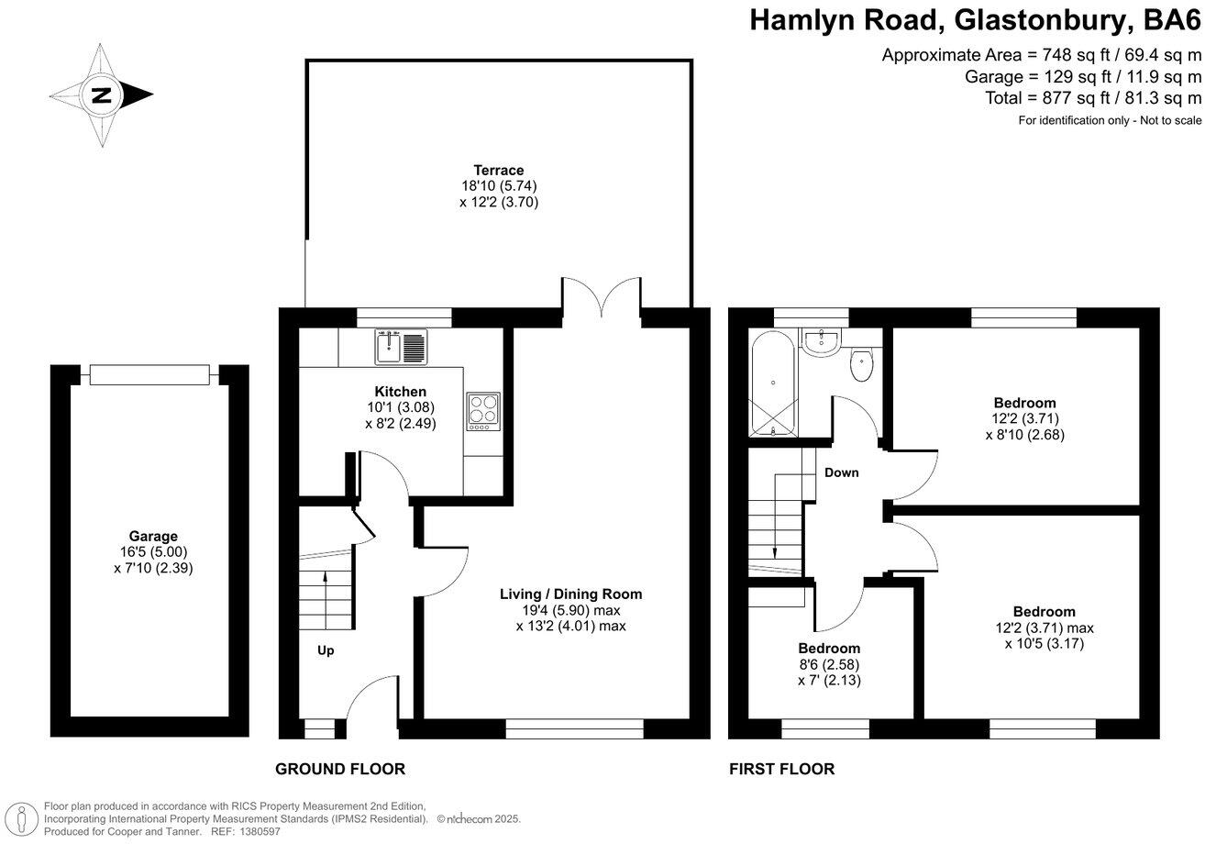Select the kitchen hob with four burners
pyautogui.click(x=482, y=411)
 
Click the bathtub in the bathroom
pyautogui.click(x=772, y=384)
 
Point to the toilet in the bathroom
pyautogui.click(x=861, y=365)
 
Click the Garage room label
pyautogui.click(x=153, y=537)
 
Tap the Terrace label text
pyautogui.click(x=498, y=170)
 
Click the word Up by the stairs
pyautogui.click(x=325, y=650)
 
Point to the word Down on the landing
pyautogui.click(x=841, y=472)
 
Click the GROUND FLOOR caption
pyautogui.click(x=340, y=769)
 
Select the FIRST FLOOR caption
pyautogui.click(x=781, y=769)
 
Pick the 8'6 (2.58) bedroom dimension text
pyautogui.click(x=828, y=664)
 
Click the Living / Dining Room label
pyautogui.click(x=570, y=594)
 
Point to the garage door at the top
pyautogui.click(x=150, y=374)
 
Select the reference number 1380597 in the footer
pyautogui.click(x=260, y=831)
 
